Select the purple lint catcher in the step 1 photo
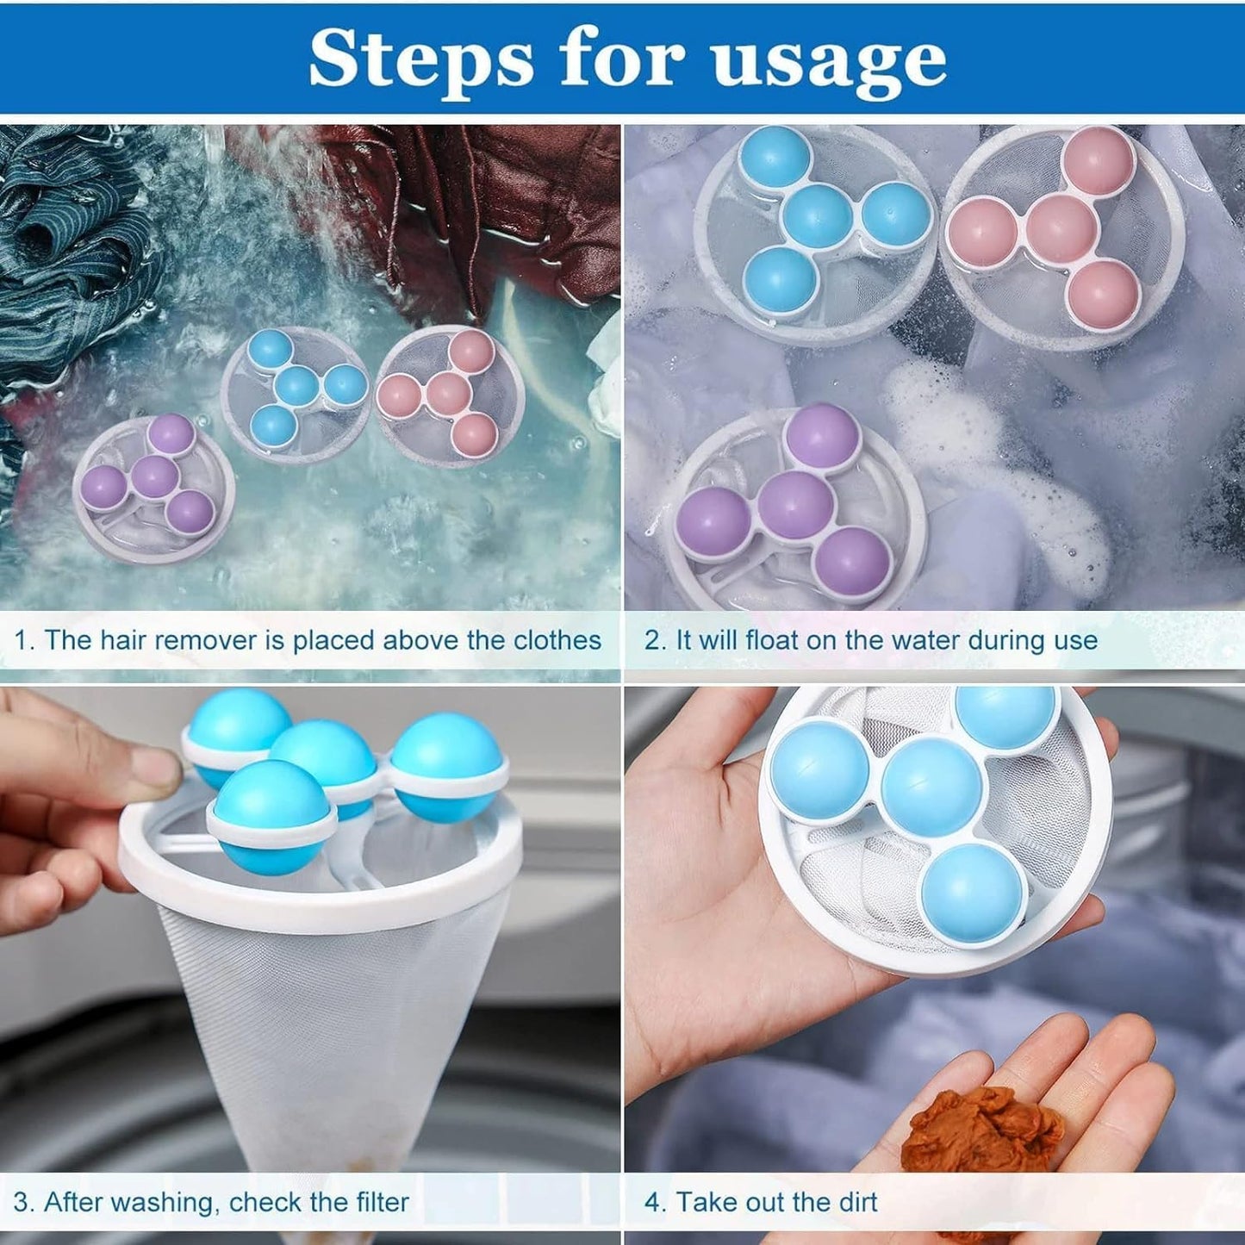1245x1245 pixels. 154,488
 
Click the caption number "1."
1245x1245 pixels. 24,640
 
